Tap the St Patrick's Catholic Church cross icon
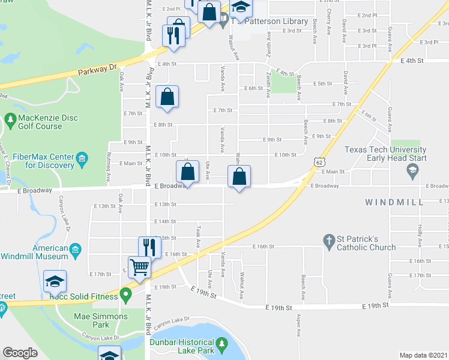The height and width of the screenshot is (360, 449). (328, 242)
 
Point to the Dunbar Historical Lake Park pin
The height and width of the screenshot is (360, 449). (223, 344)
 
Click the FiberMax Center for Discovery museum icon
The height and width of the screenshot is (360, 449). (82, 160)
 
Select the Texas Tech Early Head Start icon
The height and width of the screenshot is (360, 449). (412, 172)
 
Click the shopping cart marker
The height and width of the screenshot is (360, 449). (139, 266)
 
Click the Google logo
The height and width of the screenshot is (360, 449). (20, 353)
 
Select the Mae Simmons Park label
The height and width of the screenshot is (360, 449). (101, 320)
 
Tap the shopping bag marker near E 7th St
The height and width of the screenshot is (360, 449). (167, 96)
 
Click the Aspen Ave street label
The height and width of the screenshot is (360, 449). (297, 325)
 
